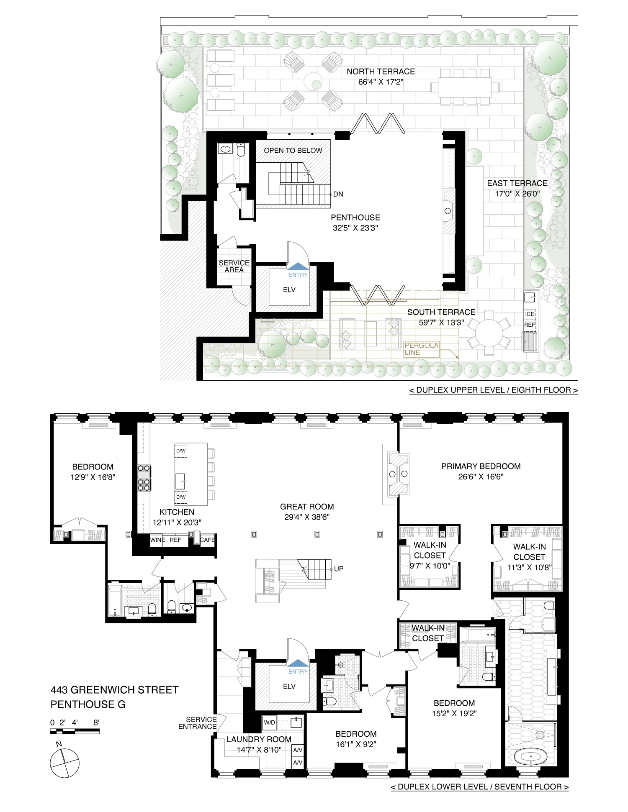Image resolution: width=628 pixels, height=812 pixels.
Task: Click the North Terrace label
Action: click(381, 72)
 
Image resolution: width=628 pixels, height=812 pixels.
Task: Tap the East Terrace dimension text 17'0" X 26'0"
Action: click(517, 194)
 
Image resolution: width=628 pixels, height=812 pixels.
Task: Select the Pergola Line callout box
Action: click(421, 349)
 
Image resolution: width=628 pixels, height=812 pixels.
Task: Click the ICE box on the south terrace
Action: click(530, 314)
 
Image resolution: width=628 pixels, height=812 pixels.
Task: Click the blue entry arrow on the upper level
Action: click(298, 266)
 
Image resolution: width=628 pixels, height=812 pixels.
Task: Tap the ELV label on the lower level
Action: click(289, 686)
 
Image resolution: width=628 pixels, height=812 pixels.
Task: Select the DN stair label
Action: click(338, 194)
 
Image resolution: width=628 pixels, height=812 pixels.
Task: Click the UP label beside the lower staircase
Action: click(339, 569)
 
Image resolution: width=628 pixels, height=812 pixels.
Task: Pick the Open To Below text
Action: click(293, 151)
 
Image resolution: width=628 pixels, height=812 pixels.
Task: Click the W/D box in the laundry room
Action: click(270, 722)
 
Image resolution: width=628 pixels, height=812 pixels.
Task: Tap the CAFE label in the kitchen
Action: click(207, 540)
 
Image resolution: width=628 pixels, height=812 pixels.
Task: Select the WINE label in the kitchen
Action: click(157, 540)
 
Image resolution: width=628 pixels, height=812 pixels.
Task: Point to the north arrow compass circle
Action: click(64, 763)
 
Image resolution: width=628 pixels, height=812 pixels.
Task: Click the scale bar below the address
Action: click(75, 731)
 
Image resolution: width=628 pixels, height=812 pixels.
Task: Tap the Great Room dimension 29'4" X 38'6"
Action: click(307, 517)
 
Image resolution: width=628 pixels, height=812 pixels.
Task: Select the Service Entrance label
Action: click(197, 723)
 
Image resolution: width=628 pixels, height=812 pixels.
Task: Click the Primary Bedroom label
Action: click(481, 466)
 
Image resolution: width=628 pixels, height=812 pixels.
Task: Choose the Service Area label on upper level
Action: click(234, 266)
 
